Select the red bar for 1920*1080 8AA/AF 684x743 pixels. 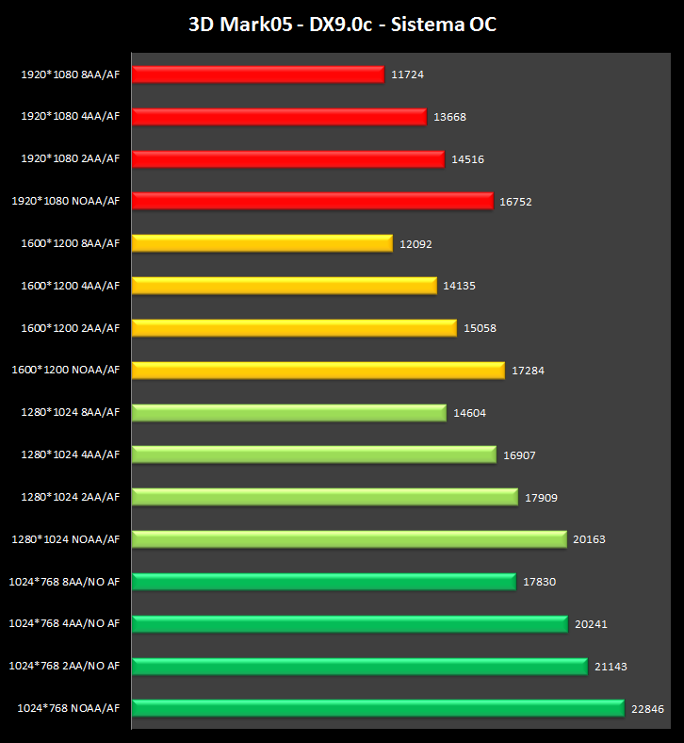tap(257, 74)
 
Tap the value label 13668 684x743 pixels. tap(450, 117)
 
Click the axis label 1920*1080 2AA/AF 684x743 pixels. tap(71, 159)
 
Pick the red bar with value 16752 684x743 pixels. tap(312, 201)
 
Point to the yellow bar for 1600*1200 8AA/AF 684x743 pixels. tap(262, 243)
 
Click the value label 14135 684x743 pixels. tap(460, 286)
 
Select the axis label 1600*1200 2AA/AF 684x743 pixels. tap(71, 328)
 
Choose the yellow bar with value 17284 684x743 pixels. tap(318, 371)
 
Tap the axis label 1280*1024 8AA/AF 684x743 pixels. tap(71, 412)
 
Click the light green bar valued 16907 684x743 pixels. tap(314, 454)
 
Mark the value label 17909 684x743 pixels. tap(541, 497)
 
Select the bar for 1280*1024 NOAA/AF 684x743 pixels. tap(349, 539)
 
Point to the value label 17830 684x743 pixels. tap(539, 582)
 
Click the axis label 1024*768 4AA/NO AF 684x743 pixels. tap(64, 623)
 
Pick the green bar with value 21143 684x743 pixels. tap(360, 666)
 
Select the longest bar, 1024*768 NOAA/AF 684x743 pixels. tap(378, 708)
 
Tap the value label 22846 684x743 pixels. tap(647, 708)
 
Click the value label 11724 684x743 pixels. tap(407, 74)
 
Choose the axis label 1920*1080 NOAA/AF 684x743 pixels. tap(66, 201)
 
